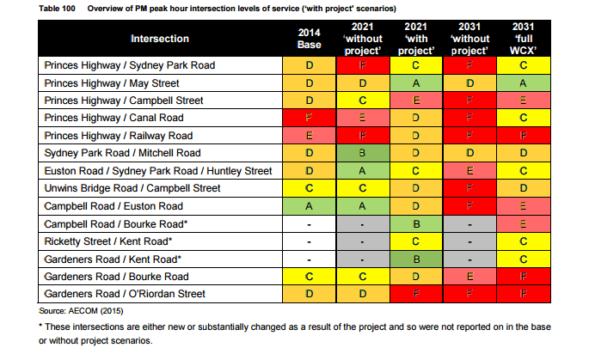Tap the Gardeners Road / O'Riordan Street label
click(x=126, y=294)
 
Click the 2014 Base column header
click(x=309, y=38)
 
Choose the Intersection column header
click(x=161, y=39)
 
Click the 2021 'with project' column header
click(x=416, y=38)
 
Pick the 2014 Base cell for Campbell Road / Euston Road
click(x=309, y=206)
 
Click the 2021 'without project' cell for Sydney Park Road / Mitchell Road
click(x=363, y=153)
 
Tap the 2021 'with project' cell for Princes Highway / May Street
click(x=416, y=82)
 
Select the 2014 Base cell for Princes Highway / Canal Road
click(x=309, y=118)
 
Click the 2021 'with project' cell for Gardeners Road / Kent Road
click(x=416, y=259)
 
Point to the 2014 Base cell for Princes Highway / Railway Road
click(x=309, y=136)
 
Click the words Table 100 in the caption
click(x=56, y=7)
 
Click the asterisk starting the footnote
click(x=41, y=327)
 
